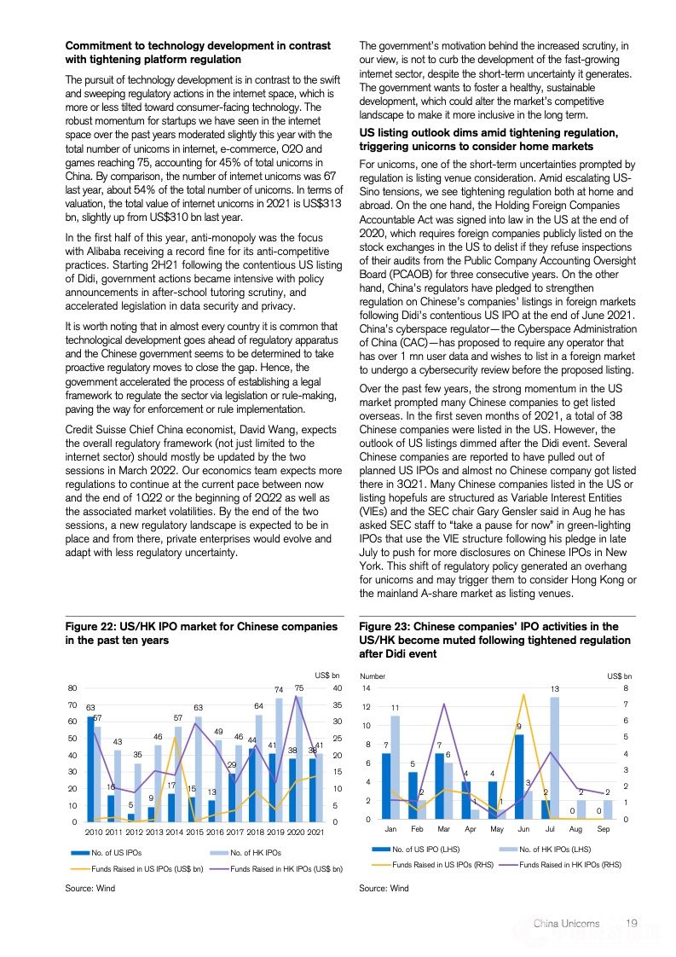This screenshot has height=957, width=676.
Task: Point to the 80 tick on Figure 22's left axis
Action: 72,687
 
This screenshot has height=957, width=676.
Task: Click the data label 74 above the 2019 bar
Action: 279,689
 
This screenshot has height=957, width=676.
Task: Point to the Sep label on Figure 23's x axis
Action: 604,828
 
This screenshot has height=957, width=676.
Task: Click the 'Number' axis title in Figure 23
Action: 373,676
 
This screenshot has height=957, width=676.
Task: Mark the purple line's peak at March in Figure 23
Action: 444,704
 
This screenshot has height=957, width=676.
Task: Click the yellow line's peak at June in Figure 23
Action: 523,694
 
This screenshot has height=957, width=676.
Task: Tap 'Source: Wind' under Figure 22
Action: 90,888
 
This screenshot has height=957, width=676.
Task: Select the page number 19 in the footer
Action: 632,923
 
